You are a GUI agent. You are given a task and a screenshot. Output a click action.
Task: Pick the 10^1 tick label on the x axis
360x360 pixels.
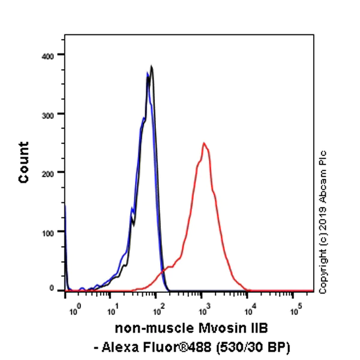112,311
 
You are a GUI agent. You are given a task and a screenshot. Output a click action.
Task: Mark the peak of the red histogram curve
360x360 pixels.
204,143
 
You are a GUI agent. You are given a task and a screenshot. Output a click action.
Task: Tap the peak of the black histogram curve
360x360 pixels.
152,67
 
